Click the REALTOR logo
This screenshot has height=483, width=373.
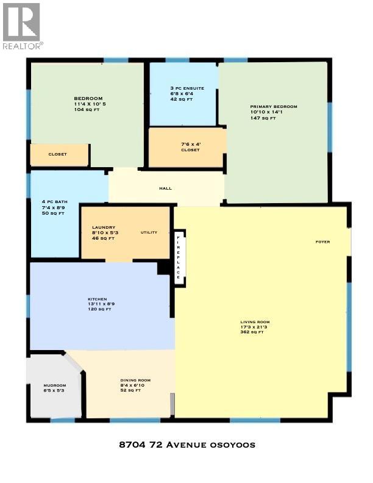click(x=22, y=26)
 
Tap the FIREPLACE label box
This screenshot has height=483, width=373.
click(x=179, y=257)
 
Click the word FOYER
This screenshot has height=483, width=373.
click(x=322, y=242)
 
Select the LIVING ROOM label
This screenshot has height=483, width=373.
click(x=255, y=322)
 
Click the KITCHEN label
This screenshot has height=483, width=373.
click(x=97, y=299)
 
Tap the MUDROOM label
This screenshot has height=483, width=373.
click(x=54, y=386)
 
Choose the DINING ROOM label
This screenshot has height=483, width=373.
click(x=135, y=380)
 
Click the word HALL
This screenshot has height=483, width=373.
click(x=165, y=188)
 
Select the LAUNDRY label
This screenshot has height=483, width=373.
click(x=99, y=228)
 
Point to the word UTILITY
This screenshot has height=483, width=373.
click(x=149, y=232)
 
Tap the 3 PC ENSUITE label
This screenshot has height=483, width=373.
click(x=187, y=88)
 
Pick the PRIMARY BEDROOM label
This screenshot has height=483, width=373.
click(x=274, y=107)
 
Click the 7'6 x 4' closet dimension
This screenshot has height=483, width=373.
click(x=190, y=144)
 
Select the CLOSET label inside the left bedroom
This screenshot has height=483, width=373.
click(x=58, y=154)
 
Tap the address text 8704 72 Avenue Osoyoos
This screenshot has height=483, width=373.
click(x=187, y=445)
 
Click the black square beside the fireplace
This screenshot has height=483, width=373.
click(x=163, y=267)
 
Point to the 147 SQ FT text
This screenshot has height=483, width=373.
click(x=263, y=118)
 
